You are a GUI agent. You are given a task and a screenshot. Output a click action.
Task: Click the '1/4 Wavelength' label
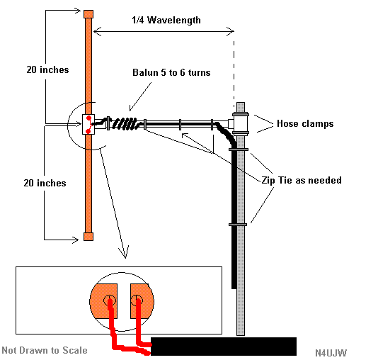[166, 20]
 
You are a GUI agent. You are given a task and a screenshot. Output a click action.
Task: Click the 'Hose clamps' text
[306, 124]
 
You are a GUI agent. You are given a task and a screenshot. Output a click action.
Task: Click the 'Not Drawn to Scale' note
[45, 350]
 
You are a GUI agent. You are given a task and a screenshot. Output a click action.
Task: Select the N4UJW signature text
[332, 351]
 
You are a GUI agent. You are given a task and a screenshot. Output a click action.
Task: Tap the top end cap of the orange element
[88, 13]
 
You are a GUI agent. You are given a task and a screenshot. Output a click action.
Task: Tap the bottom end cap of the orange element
[88, 236]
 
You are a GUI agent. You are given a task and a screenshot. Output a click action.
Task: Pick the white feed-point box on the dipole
[88, 124]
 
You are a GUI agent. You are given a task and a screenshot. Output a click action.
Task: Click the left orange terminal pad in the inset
[104, 300]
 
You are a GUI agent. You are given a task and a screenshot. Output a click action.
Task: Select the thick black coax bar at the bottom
[224, 347]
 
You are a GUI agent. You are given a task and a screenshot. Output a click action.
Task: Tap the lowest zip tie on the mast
[238, 224]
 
